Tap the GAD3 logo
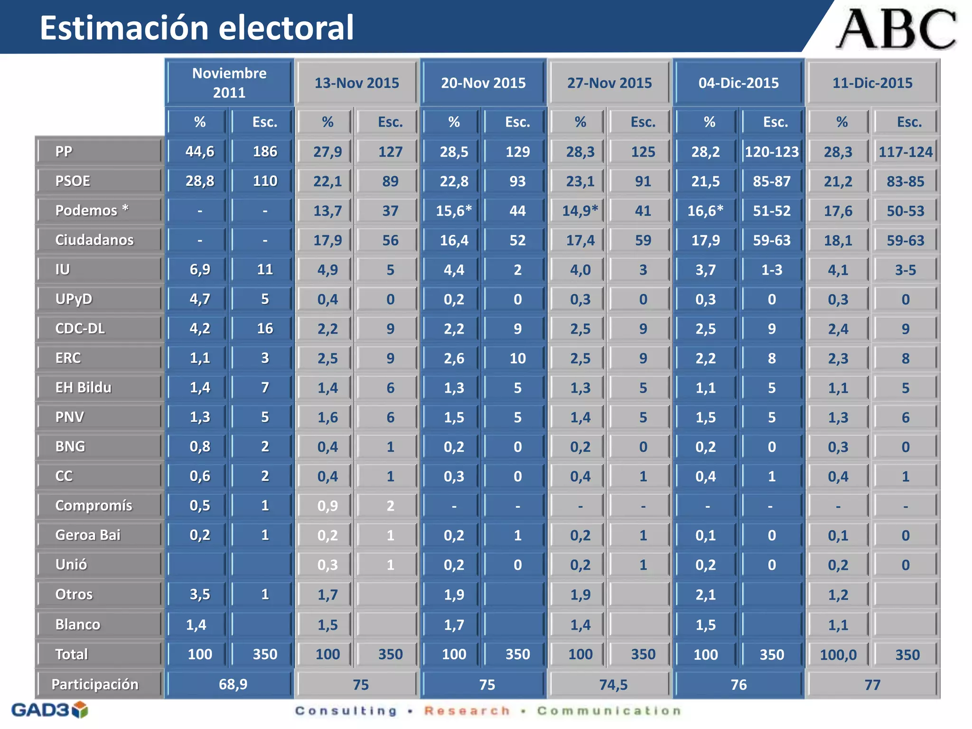[49, 710]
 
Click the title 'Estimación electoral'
[196, 28]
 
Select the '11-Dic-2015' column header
[872, 83]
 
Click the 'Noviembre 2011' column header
[229, 83]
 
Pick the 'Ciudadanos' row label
[94, 240]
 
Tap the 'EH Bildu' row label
[84, 388]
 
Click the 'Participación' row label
[95, 684]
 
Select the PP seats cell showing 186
[265, 151]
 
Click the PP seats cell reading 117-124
[906, 152]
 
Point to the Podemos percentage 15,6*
[454, 211]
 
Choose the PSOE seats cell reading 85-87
[772, 181]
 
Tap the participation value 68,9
[233, 684]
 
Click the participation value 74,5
[613, 685]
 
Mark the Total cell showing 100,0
[838, 655]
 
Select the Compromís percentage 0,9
[327, 506]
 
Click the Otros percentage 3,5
[200, 594]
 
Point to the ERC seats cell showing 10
[517, 358]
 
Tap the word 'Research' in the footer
[467, 711]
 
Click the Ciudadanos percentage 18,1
[838, 241]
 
